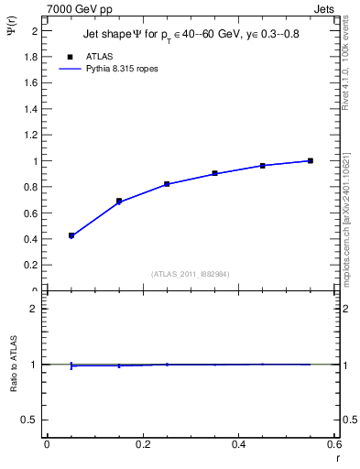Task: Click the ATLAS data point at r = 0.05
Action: coord(71,235)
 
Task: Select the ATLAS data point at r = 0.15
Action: coord(119,201)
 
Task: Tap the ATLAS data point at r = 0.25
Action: coord(167,184)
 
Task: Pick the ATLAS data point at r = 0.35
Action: coord(214,173)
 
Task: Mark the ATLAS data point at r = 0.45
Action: coord(263,166)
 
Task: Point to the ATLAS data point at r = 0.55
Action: coord(311,160)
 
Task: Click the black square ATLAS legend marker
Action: coord(71,56)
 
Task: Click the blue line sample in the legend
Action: coord(71,68)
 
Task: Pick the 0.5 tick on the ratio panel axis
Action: coord(30,420)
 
